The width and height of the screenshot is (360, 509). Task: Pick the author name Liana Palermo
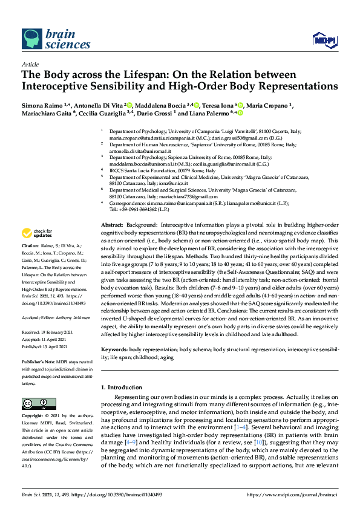pyautogui.click(x=209, y=112)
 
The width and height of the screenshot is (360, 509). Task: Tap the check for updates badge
pyautogui.click(x=37, y=233)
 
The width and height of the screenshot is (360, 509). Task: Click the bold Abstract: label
pyautogui.click(x=113, y=224)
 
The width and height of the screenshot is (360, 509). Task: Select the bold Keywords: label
pyautogui.click(x=114, y=349)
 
